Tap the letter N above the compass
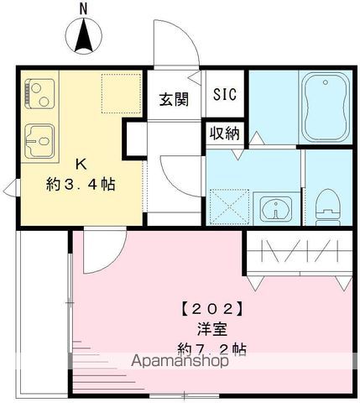pos(83,8)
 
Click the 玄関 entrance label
pos(174,98)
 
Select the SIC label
pos(224,94)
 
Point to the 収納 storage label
pos(224,133)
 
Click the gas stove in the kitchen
pos(39,94)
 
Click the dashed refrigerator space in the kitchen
pos(117,92)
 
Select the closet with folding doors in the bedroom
pos(299,255)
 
